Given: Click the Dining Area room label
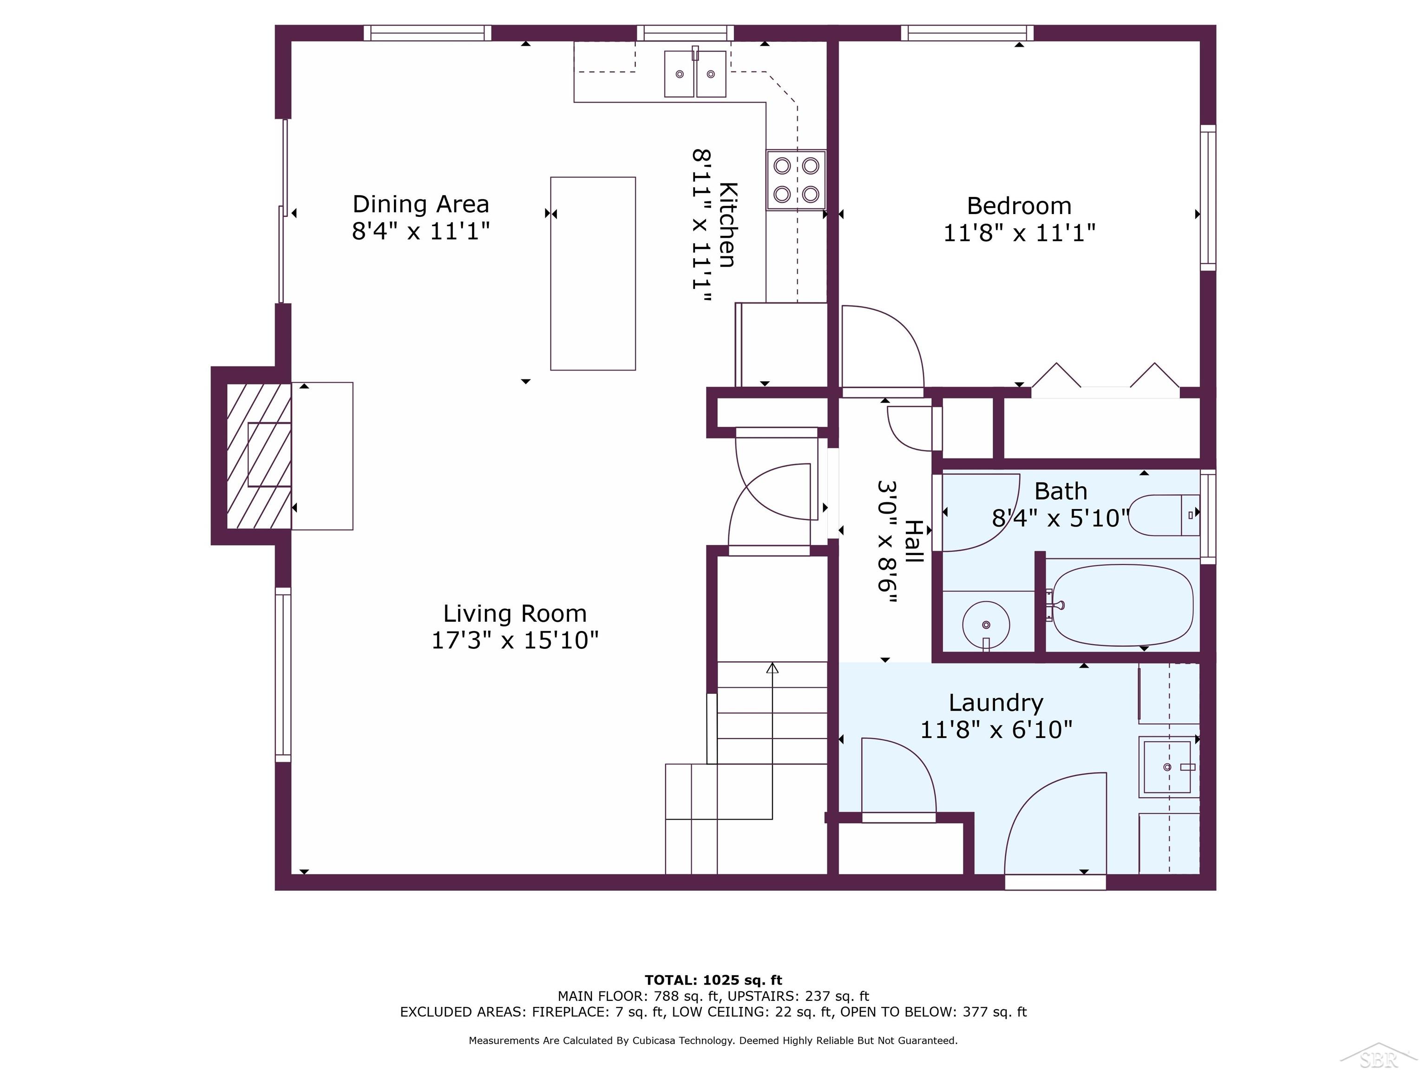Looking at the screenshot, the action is pyautogui.click(x=420, y=204).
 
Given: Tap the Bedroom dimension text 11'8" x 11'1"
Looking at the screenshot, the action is pyautogui.click(x=1019, y=232).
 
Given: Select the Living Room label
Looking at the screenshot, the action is pyautogui.click(x=515, y=613).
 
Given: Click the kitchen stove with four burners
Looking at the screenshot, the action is pyautogui.click(x=796, y=180).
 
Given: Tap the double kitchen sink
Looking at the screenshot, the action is pyautogui.click(x=695, y=73).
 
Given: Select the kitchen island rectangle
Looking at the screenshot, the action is pyautogui.click(x=593, y=274).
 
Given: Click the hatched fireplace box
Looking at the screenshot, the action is pyautogui.click(x=259, y=455).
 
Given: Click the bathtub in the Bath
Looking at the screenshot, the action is pyautogui.click(x=1122, y=605).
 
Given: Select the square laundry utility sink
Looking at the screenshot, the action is pyautogui.click(x=1168, y=767).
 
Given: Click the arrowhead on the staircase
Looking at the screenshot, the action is pyautogui.click(x=772, y=667).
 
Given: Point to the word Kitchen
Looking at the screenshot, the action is pyautogui.click(x=727, y=224).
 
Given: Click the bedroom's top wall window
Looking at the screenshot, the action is pyautogui.click(x=967, y=33).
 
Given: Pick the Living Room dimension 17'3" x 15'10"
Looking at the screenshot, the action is pyautogui.click(x=515, y=640).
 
